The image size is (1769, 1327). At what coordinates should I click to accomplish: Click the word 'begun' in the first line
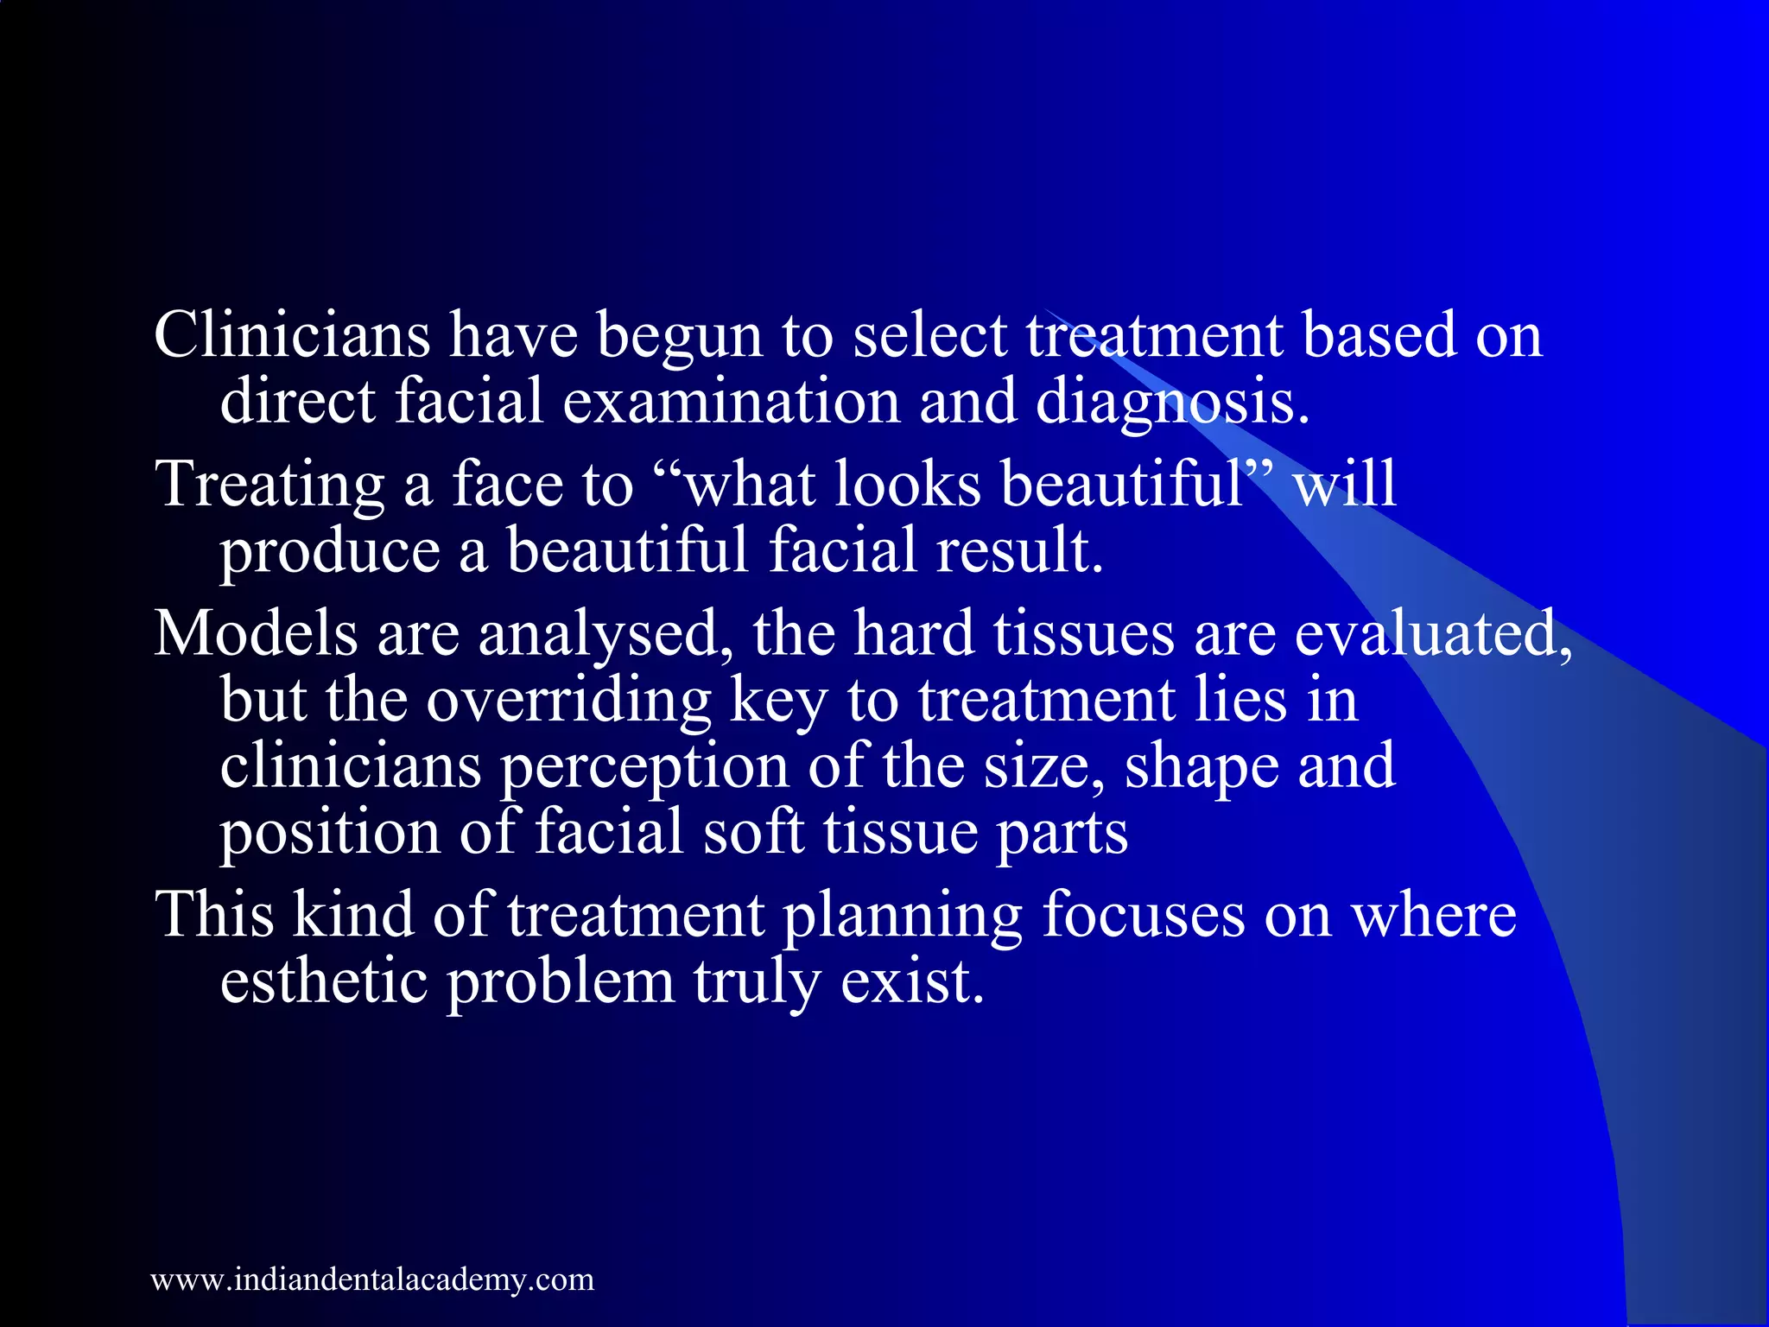coord(680,337)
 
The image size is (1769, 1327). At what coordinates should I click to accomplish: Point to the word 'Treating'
coord(269,485)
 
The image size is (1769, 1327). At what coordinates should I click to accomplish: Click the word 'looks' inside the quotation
coord(908,484)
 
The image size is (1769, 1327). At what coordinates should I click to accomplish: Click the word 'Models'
coord(256,633)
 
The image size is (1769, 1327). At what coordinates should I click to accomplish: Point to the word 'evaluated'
coord(1434,633)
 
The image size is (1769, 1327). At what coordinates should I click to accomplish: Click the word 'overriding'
coord(568,701)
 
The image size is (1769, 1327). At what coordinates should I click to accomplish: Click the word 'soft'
coord(753,832)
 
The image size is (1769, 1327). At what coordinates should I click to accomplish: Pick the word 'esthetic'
coord(324,981)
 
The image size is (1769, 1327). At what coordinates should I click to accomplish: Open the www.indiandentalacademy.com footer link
coord(372,1279)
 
